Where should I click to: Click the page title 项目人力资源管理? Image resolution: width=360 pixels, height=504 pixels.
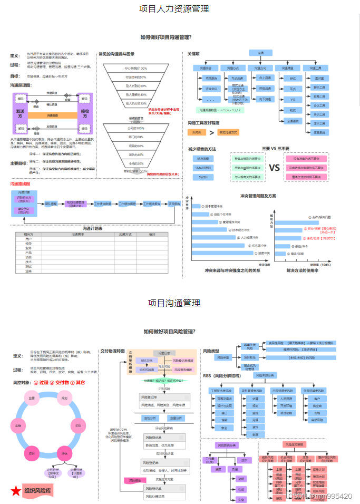click(x=173, y=8)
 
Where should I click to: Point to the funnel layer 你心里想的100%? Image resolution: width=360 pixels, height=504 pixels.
click(x=135, y=69)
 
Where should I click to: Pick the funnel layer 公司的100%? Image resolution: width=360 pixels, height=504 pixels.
click(x=135, y=128)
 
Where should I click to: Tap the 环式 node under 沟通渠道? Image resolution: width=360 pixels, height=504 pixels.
click(x=293, y=88)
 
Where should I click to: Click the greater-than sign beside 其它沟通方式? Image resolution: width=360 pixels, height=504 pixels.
click(x=211, y=132)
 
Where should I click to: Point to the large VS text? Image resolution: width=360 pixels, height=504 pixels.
click(x=274, y=168)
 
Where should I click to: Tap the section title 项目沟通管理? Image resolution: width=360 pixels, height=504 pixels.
click(x=173, y=303)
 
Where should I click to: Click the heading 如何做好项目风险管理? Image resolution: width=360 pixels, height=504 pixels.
click(x=170, y=331)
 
